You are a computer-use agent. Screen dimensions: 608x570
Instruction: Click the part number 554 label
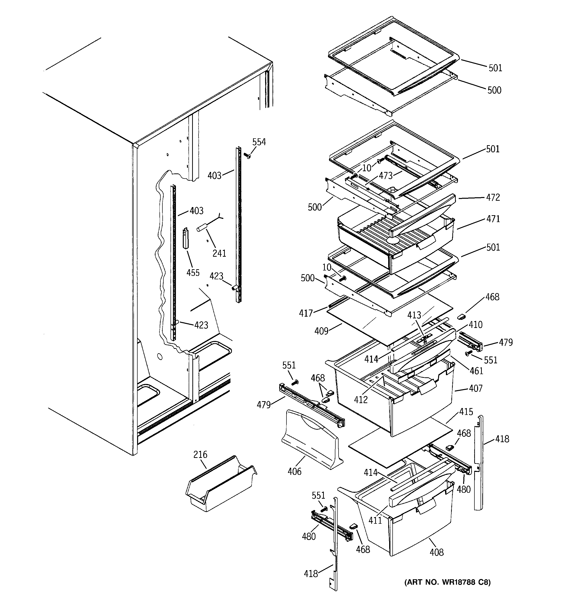pyautogui.click(x=259, y=142)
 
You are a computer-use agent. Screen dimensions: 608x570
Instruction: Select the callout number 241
pyautogui.click(x=219, y=253)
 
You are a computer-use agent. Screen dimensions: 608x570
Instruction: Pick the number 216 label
pyautogui.click(x=200, y=454)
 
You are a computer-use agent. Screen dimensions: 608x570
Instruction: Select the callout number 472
pyautogui.click(x=493, y=197)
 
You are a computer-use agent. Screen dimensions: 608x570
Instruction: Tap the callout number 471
pyautogui.click(x=493, y=219)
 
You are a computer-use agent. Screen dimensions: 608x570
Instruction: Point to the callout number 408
pyautogui.click(x=436, y=552)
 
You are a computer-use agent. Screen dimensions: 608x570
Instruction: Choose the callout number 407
pyautogui.click(x=475, y=388)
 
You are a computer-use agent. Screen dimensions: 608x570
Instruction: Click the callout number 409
pyautogui.click(x=321, y=331)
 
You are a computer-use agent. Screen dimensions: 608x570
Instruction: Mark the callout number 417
pyautogui.click(x=306, y=313)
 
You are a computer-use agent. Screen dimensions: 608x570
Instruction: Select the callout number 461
pyautogui.click(x=476, y=371)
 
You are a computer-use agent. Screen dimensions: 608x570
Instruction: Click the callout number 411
pyautogui.click(x=375, y=520)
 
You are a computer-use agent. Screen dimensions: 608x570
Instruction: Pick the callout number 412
pyautogui.click(x=361, y=399)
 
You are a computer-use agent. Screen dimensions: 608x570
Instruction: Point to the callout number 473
pyautogui.click(x=385, y=176)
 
